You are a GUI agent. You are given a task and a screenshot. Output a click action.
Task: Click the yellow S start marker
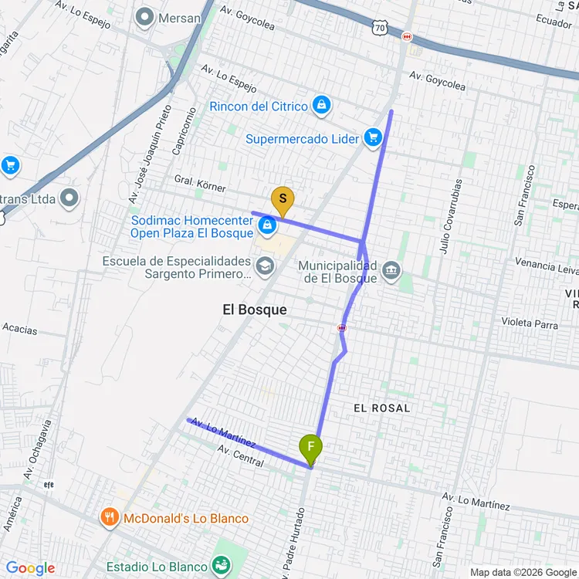(283, 201)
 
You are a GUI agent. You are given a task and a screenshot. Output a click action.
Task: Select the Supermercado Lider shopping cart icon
(374, 139)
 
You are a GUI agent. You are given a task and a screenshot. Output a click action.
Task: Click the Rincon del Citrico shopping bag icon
(321, 106)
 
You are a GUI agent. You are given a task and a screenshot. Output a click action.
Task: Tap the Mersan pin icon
(144, 16)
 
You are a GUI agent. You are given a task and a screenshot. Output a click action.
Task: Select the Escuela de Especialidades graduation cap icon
(266, 266)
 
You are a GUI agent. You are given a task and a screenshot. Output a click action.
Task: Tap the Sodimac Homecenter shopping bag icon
(267, 225)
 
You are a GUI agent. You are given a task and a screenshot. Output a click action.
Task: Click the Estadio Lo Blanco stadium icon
(222, 567)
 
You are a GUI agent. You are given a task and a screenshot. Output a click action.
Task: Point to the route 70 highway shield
(378, 28)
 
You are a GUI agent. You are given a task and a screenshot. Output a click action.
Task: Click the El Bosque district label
(254, 310)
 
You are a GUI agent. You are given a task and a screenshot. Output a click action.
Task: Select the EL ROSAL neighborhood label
(381, 407)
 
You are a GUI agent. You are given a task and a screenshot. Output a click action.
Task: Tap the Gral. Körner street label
(200, 188)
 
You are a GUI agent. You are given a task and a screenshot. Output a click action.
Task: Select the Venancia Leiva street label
(546, 266)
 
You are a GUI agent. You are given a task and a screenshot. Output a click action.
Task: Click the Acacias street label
(19, 329)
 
